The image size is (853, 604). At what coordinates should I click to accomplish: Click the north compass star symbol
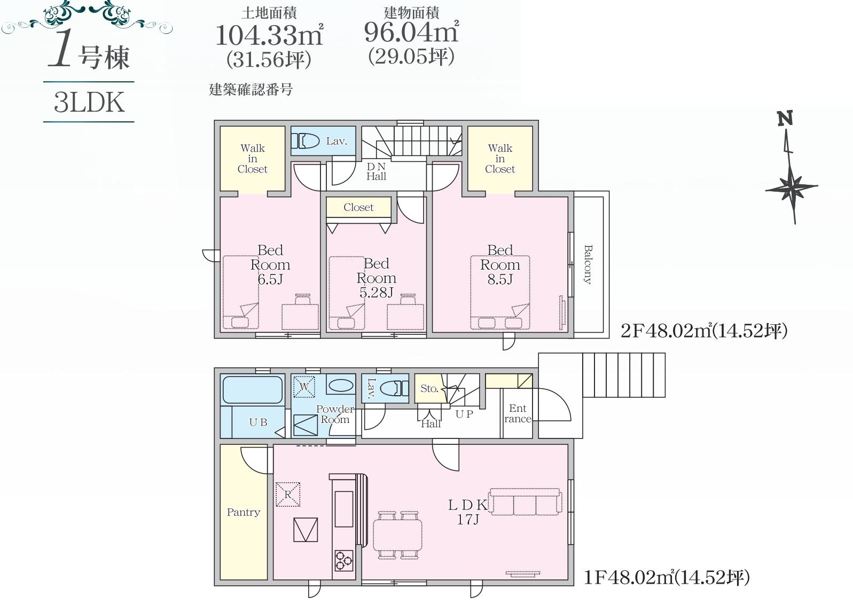pyautogui.click(x=792, y=187)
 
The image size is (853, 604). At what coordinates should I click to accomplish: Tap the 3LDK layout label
pyautogui.click(x=89, y=103)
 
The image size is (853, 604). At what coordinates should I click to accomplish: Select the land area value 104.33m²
pyautogui.click(x=269, y=35)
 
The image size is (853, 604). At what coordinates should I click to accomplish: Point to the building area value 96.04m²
pyautogui.click(x=411, y=32)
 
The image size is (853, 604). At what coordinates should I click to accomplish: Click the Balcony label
pyautogui.click(x=589, y=264)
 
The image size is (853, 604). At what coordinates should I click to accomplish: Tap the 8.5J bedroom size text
pyautogui.click(x=500, y=279)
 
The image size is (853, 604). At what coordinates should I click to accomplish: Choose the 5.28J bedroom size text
pyautogui.click(x=376, y=293)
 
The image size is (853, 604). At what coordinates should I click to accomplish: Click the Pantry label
pyautogui.click(x=244, y=512)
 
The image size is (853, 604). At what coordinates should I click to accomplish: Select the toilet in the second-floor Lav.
pyautogui.click(x=306, y=141)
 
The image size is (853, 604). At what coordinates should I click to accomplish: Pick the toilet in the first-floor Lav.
pyautogui.click(x=395, y=388)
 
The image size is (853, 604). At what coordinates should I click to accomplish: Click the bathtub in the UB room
pyautogui.click(x=253, y=390)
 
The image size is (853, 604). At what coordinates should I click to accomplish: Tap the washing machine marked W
pyautogui.click(x=304, y=387)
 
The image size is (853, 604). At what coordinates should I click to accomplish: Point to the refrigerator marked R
pyautogui.click(x=288, y=495)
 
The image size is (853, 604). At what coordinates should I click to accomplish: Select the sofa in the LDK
pyautogui.click(x=526, y=501)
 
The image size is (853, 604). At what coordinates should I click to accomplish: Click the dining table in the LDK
pyautogui.click(x=397, y=535)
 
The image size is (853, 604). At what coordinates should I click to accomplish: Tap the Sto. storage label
pyautogui.click(x=429, y=388)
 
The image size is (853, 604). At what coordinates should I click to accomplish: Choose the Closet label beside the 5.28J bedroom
pyautogui.click(x=358, y=207)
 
